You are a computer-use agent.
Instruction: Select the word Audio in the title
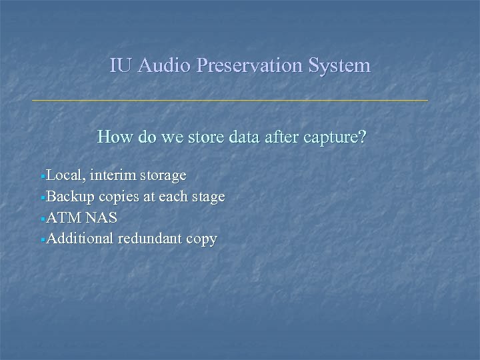159,65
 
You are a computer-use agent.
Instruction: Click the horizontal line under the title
230,100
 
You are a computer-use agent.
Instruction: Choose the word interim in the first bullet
114,175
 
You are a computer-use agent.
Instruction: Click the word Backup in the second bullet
71,197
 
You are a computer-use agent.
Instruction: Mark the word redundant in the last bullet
151,239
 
